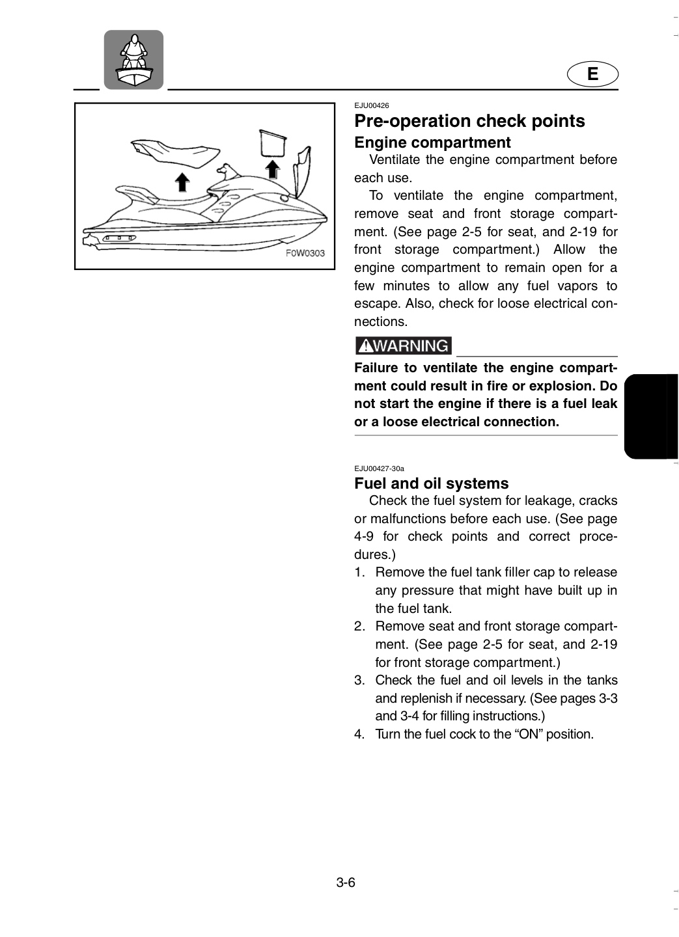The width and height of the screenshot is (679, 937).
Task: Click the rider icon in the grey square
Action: click(133, 59)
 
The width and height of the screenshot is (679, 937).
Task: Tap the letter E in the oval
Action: click(592, 74)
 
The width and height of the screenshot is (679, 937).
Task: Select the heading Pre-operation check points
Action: click(469, 121)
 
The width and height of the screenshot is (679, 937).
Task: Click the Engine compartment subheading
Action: click(432, 143)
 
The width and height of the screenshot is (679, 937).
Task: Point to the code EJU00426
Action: click(372, 105)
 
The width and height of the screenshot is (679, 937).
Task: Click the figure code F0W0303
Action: click(305, 253)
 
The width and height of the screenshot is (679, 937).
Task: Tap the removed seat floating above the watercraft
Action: click(176, 153)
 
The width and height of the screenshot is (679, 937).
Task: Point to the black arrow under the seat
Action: click(182, 182)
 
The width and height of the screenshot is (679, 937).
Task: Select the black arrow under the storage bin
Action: click(273, 170)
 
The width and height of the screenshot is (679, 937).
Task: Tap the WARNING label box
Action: click(403, 346)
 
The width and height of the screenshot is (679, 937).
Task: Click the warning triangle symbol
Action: click(366, 346)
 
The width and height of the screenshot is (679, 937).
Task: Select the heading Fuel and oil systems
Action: click(432, 483)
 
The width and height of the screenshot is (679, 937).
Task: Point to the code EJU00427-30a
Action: click(380, 468)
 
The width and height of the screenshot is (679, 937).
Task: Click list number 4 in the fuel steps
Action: click(359, 734)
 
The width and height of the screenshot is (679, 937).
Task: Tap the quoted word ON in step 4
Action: click(529, 734)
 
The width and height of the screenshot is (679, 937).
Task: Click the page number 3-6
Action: click(346, 882)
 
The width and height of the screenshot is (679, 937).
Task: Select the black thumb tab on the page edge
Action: click(651, 416)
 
